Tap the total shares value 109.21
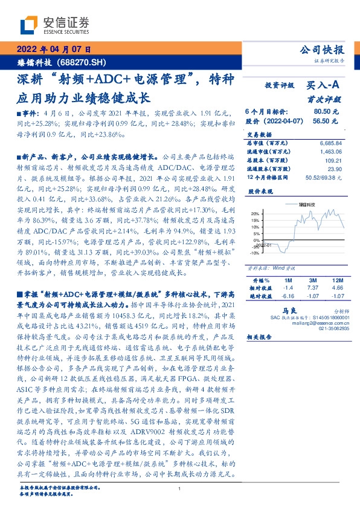click(333, 162)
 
